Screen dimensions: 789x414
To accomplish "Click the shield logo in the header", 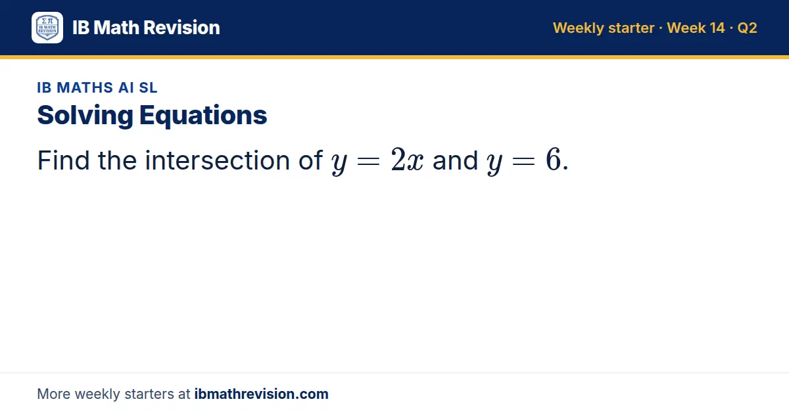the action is pyautogui.click(x=47, y=28).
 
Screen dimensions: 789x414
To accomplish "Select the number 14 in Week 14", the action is pyautogui.click(x=717, y=28).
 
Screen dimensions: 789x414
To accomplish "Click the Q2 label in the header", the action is pyautogui.click(x=747, y=28).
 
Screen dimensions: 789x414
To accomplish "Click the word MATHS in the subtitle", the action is pyautogui.click(x=85, y=87).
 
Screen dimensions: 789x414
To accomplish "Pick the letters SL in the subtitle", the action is pyautogui.click(x=148, y=87).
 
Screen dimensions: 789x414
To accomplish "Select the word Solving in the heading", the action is pyautogui.click(x=85, y=116).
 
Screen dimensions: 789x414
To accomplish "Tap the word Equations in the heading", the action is pyautogui.click(x=203, y=116).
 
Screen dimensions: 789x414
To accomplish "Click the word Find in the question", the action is pyautogui.click(x=63, y=160).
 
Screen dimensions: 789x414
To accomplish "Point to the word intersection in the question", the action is pyautogui.click(x=218, y=160).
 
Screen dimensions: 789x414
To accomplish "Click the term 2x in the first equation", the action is pyautogui.click(x=407, y=160).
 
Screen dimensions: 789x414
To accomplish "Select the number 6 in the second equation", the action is pyautogui.click(x=554, y=159).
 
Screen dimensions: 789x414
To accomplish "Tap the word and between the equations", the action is pyautogui.click(x=455, y=160).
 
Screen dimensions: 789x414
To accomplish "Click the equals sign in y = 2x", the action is pyautogui.click(x=368, y=162).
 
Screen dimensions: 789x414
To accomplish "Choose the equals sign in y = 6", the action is pyautogui.click(x=524, y=162).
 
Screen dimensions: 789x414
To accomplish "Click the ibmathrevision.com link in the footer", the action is pyautogui.click(x=262, y=394).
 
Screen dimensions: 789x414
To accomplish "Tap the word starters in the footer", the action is pyautogui.click(x=149, y=394).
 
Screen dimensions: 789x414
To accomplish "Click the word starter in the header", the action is pyautogui.click(x=631, y=28).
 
